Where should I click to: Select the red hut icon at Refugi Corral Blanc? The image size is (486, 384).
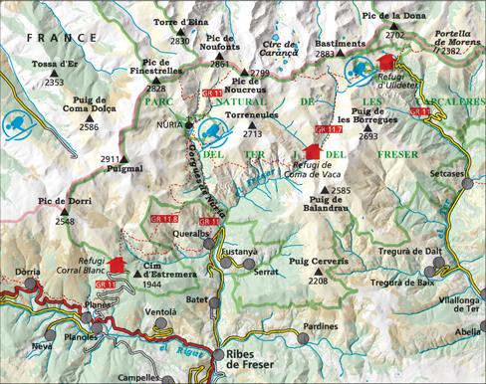[117, 267]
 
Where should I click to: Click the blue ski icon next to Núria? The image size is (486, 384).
[210, 130]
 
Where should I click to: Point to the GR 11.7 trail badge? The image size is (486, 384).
[327, 129]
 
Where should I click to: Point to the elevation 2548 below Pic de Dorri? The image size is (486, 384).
[65, 221]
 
